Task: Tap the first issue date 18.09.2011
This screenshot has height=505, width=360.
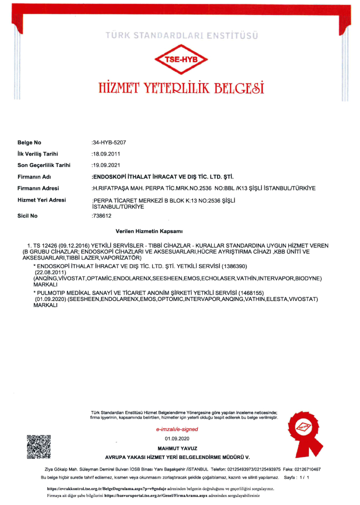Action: click(x=106, y=154)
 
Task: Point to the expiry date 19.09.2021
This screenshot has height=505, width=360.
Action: click(x=106, y=165)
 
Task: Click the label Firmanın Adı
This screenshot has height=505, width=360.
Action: click(x=34, y=176)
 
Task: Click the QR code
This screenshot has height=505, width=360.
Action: click(x=38, y=447)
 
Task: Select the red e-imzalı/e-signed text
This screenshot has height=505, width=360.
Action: click(x=177, y=429)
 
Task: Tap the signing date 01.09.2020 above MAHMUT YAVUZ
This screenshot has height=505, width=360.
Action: click(x=177, y=438)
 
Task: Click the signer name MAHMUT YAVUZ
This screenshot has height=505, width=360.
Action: click(x=177, y=447)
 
